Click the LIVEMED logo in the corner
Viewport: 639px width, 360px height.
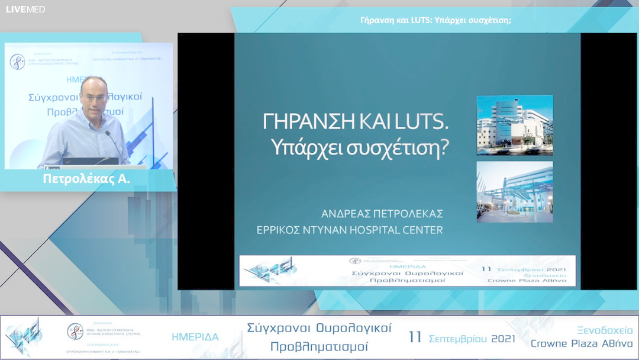(x=25, y=9)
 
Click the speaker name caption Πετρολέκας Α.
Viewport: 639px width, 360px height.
(x=86, y=179)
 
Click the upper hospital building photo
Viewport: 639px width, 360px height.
(x=515, y=125)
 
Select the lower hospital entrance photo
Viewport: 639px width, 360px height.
(x=515, y=192)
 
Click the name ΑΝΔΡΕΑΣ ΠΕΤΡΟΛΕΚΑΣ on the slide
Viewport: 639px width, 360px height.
(x=382, y=213)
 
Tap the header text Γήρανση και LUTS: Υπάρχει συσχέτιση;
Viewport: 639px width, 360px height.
(x=435, y=20)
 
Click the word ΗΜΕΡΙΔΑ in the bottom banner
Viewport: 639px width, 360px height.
(x=195, y=337)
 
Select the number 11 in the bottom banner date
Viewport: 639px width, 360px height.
(x=415, y=337)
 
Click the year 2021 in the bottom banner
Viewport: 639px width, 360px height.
(x=502, y=339)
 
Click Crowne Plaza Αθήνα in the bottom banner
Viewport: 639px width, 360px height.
(x=582, y=344)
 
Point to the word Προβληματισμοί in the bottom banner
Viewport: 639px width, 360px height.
(x=319, y=346)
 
